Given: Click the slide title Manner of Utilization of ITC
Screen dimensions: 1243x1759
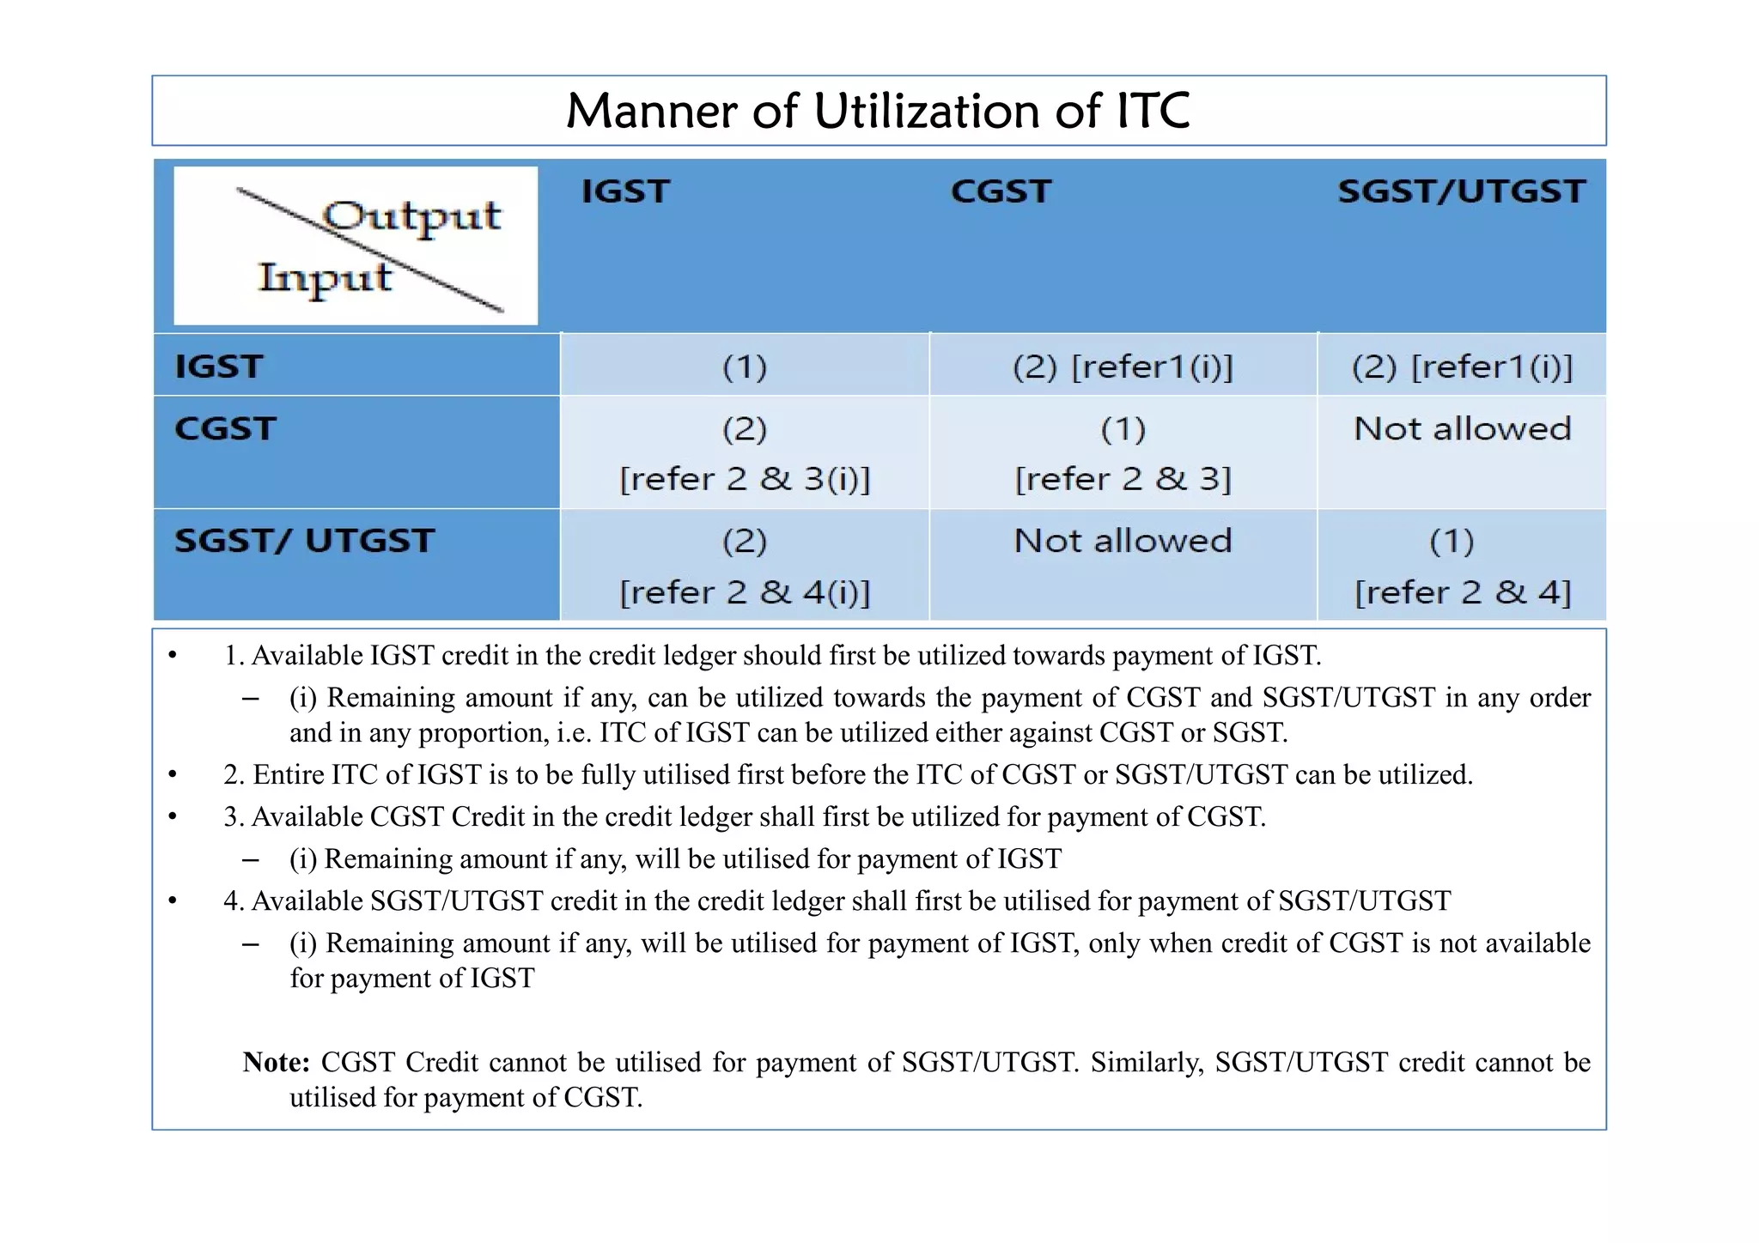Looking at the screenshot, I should pos(878,112).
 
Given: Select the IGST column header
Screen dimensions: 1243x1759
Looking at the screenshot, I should pos(625,191).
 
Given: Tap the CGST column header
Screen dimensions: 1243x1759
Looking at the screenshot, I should pos(1001,191).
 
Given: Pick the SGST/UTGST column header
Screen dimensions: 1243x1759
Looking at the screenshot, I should pos(1461,191).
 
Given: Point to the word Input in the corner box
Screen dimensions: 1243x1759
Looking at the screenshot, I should pos(325,278).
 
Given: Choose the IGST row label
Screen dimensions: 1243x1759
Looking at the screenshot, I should pos(218,367).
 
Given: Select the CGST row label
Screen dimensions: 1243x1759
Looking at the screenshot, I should pos(225,428).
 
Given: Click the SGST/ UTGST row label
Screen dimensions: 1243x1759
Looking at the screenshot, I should pos(304,541).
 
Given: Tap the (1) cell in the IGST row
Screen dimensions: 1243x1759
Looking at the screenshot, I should pos(744,367).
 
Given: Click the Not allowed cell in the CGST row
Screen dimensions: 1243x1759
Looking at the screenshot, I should pos(1462,428).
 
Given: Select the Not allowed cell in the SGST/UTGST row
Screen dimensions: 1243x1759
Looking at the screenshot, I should pos(1123,541).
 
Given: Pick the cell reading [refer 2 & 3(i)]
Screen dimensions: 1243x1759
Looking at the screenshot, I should pos(745,479).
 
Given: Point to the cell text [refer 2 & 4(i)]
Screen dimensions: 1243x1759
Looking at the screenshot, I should pos(745,592).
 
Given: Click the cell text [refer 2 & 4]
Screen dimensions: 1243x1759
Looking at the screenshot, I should pos(1462,592).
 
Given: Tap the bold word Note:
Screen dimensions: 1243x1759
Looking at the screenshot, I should pos(276,1063).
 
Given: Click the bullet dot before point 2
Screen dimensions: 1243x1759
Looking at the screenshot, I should pos(173,775).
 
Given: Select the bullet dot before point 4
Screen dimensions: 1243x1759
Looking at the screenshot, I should pos(173,901).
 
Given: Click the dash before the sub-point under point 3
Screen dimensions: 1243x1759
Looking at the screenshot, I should pos(251,859).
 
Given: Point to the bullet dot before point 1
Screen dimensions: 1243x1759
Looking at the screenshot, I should pos(173,656).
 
